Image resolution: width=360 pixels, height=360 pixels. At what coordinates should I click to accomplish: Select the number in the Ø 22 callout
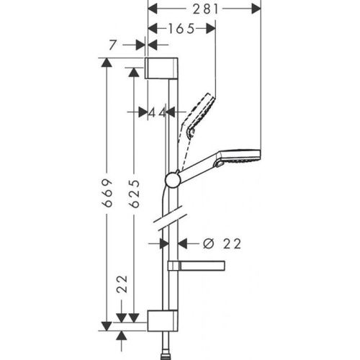pyautogui.click(x=230, y=244)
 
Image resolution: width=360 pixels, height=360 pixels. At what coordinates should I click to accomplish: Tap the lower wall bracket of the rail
pyautogui.click(x=162, y=320)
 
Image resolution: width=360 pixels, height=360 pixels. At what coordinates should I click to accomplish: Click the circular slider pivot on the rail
pyautogui.click(x=173, y=180)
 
